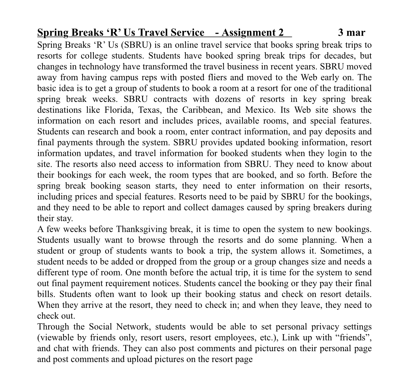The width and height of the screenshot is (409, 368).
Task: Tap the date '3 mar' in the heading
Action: (x=352, y=32)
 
